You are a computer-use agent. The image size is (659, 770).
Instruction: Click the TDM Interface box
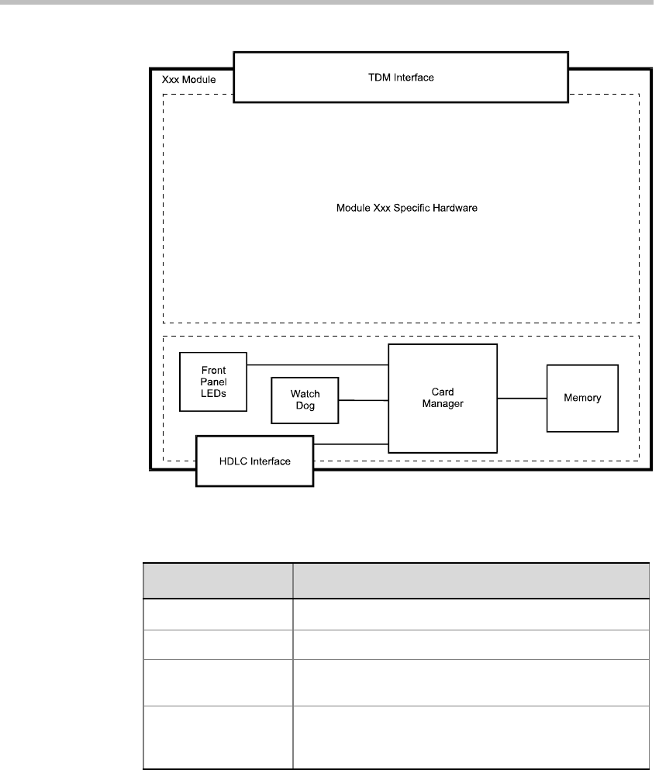click(400, 77)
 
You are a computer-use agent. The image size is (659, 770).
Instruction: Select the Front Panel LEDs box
click(212, 382)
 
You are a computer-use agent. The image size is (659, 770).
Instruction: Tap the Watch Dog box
click(305, 400)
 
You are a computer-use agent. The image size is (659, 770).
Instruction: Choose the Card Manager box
click(442, 398)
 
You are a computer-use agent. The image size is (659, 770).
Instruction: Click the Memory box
click(582, 398)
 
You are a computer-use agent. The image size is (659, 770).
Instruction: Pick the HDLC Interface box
click(254, 461)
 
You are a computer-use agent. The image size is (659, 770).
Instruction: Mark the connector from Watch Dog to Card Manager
click(363, 400)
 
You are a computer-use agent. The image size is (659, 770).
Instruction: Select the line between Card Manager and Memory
click(522, 398)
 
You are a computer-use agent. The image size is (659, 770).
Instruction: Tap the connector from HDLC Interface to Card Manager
click(350, 444)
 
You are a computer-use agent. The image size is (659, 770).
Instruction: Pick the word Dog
click(305, 406)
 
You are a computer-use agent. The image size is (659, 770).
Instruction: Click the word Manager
click(443, 404)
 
